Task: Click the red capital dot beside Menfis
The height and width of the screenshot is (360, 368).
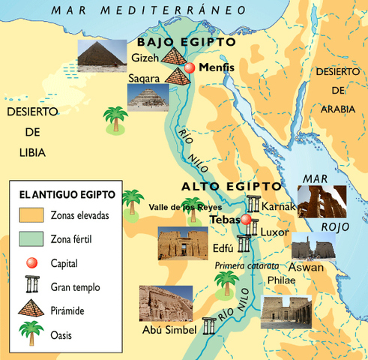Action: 190,67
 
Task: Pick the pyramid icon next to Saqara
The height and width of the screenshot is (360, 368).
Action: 178,75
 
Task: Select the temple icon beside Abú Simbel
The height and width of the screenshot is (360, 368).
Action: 208,325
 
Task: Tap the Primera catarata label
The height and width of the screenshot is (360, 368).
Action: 247,266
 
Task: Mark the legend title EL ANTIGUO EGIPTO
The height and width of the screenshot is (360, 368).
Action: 67,194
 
